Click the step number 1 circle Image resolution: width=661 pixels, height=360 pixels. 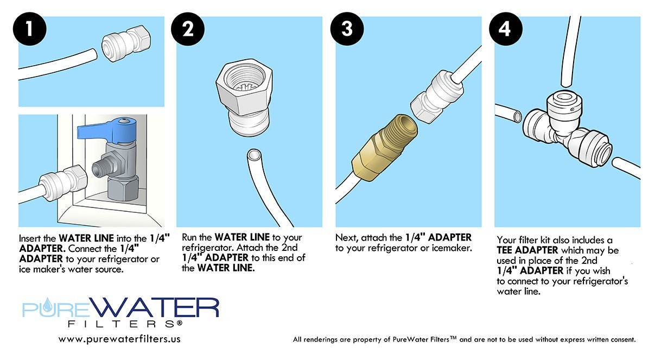click(29, 29)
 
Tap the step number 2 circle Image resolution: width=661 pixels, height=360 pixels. click(188, 29)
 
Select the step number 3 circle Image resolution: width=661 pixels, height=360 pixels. click(347, 29)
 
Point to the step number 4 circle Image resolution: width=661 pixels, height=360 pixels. click(506, 29)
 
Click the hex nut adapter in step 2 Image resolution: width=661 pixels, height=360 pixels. click(244, 97)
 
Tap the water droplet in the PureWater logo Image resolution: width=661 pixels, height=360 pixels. click(46, 305)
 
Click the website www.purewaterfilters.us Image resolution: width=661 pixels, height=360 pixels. click(119, 339)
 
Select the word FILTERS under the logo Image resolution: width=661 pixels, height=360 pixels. click(125, 324)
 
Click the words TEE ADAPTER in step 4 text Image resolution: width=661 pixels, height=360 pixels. click(527, 250)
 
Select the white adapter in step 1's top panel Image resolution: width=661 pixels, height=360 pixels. click(126, 43)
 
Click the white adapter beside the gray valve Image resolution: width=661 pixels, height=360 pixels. click(63, 181)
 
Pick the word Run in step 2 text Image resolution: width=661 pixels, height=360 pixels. click(189, 237)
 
